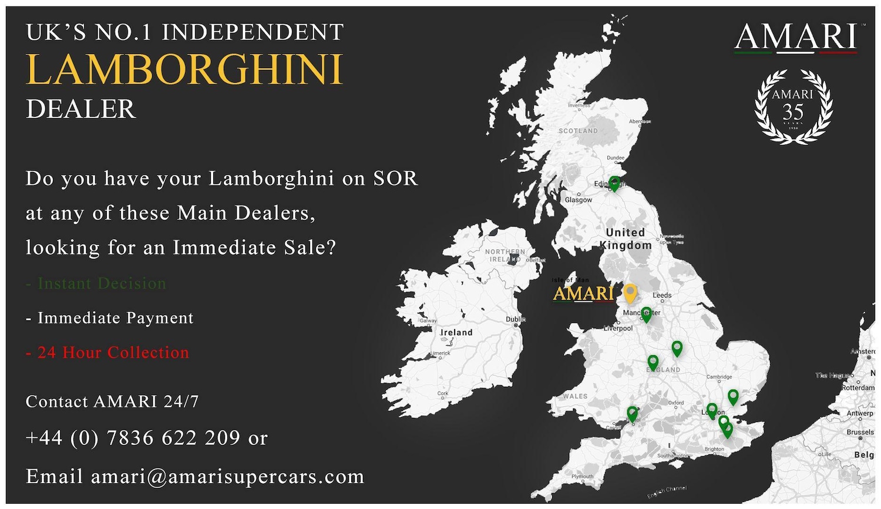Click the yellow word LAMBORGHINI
184,70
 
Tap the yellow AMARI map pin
630,292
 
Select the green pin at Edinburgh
614,183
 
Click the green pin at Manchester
646,314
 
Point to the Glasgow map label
579,200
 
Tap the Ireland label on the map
456,332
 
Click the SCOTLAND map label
578,131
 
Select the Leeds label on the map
662,295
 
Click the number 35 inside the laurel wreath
793,112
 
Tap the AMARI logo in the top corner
796,37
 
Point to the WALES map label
575,396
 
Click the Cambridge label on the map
719,377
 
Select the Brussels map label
860,432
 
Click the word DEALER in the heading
81,109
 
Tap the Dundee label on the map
616,158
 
